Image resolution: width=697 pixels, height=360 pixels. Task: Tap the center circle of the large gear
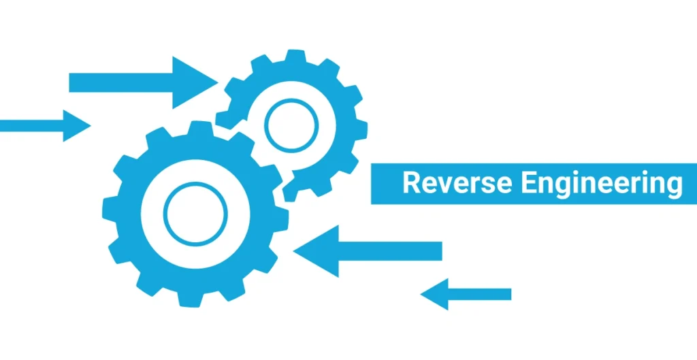195,214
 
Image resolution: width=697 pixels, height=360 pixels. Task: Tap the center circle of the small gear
291,125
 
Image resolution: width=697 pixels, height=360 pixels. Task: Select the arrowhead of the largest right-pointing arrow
193,82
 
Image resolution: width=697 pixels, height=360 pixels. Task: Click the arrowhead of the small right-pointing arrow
76,126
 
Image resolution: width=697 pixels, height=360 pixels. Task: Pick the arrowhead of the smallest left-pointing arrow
436,294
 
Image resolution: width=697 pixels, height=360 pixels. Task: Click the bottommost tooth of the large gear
193,299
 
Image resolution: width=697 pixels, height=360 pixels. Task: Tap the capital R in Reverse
410,184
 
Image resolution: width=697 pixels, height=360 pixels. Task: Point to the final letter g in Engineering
674,186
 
